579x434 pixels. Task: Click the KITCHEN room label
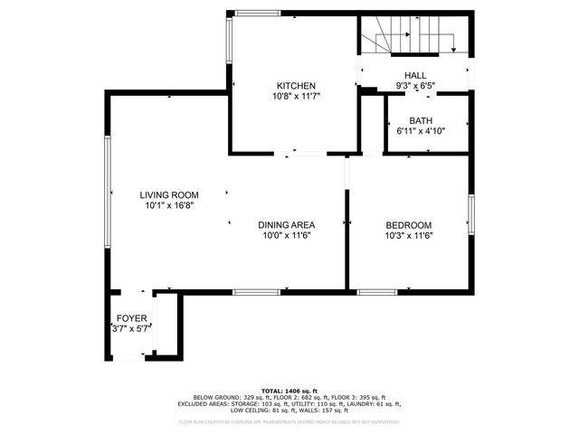pyautogui.click(x=296, y=85)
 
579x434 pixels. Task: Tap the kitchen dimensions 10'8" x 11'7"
pyautogui.click(x=296, y=95)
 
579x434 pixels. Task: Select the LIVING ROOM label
pyautogui.click(x=169, y=194)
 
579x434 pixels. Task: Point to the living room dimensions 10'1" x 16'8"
pyautogui.click(x=169, y=205)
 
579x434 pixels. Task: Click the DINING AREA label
pyautogui.click(x=286, y=225)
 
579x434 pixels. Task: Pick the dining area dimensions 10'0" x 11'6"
pyautogui.click(x=286, y=236)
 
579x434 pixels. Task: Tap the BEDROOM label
pyautogui.click(x=409, y=225)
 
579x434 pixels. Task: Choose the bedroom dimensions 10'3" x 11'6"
pyautogui.click(x=409, y=236)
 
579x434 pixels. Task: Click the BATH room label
pyautogui.click(x=421, y=120)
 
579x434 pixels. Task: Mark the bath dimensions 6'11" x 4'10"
pyautogui.click(x=421, y=131)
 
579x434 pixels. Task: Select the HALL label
pyautogui.click(x=415, y=76)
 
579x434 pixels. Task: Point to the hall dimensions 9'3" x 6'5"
pyautogui.click(x=415, y=86)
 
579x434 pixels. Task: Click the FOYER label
pyautogui.click(x=131, y=319)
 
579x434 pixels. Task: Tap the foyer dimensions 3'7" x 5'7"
pyautogui.click(x=131, y=330)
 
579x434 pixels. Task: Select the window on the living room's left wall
pyautogui.click(x=108, y=194)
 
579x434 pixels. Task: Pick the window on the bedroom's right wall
pyautogui.click(x=470, y=216)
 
